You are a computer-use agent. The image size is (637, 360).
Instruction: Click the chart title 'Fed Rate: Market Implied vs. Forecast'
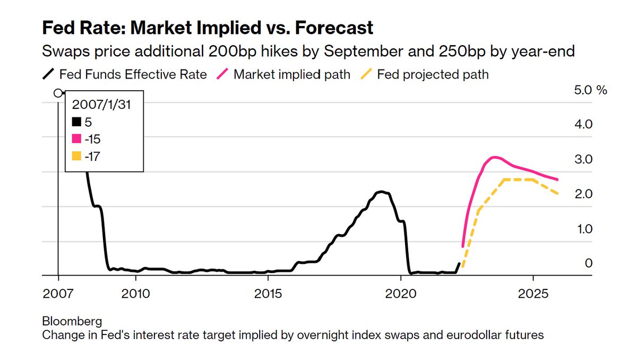pyautogui.click(x=208, y=28)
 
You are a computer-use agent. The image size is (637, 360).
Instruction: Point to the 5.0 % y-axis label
pyautogui.click(x=590, y=90)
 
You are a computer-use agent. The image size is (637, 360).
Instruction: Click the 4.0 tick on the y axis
pyautogui.click(x=583, y=125)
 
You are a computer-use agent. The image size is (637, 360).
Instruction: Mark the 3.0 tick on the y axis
pyautogui.click(x=583, y=159)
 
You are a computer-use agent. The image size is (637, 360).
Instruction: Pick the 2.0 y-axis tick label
pyautogui.click(x=583, y=194)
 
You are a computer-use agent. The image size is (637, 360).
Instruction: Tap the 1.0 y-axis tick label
pyautogui.click(x=583, y=229)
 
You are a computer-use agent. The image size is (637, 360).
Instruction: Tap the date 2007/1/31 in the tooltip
pyautogui.click(x=101, y=105)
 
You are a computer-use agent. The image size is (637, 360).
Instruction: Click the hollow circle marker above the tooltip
pyautogui.click(x=58, y=93)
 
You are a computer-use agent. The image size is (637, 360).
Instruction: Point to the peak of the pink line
pyautogui.click(x=495, y=157)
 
